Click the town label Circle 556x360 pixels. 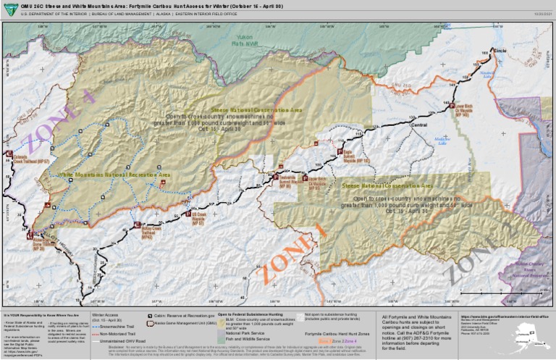[x=500, y=51]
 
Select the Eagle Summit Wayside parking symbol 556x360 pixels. [x=340, y=151]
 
